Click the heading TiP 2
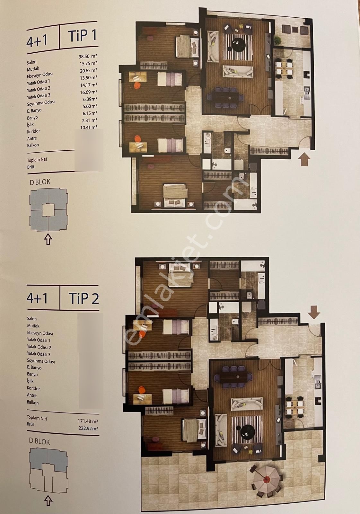coord(83,298)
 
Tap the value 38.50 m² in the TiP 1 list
coord(88,57)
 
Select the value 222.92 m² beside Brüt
coord(88,428)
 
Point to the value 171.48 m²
coord(88,421)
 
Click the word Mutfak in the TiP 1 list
coord(33,69)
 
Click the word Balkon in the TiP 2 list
coord(33,402)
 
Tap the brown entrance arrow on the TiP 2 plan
coord(314,312)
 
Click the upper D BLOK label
coord(40,182)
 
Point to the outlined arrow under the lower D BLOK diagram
coord(48,501)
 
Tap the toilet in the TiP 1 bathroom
coord(228,151)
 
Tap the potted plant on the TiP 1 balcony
coord(277,40)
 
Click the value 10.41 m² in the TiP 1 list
coord(89,127)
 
